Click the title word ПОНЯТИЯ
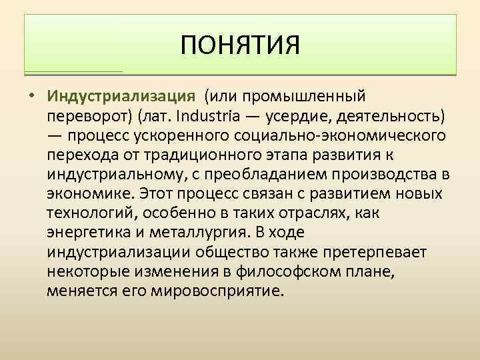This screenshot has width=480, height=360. (x=240, y=46)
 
